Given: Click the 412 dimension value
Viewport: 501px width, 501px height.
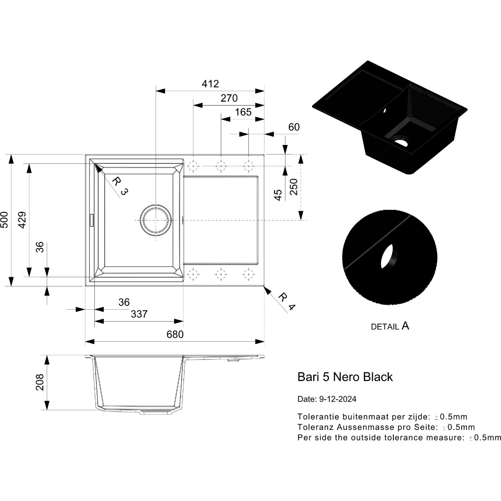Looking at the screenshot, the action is pos(210,84).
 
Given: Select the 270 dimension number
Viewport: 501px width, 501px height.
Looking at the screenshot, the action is pos(229,98).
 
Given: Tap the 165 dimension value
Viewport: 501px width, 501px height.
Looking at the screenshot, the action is pos(243,112).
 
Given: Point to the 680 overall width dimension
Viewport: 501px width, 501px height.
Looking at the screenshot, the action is pos(175,334).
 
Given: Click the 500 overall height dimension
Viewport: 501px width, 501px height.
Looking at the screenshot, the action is pos(5,220).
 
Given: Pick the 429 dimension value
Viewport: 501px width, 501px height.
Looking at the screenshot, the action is pos(22,220).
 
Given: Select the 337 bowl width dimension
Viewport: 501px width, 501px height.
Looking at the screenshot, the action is pos(139,314).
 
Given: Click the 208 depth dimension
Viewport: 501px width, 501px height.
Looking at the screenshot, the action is pos(40,382).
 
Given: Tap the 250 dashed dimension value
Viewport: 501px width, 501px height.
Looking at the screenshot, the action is pos(294,187).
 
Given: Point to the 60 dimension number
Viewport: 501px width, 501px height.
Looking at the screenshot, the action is pos(294,127).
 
